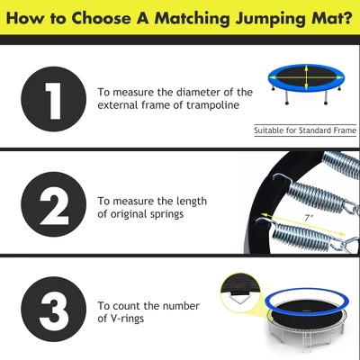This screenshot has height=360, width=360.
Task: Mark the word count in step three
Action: [131, 304]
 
